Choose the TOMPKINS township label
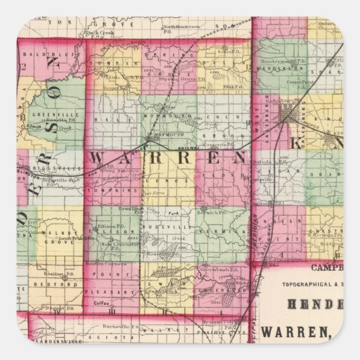[111, 190]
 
